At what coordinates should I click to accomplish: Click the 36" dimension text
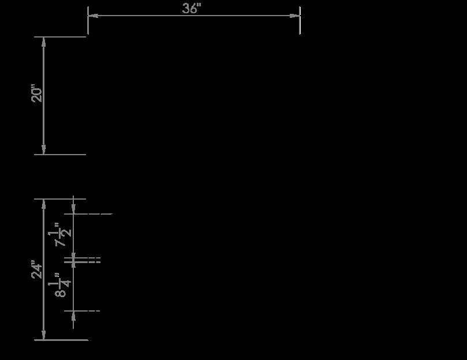click(191, 8)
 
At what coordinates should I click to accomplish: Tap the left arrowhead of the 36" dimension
click(92, 16)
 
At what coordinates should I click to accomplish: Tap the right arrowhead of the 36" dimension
click(296, 16)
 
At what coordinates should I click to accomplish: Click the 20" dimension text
click(38, 93)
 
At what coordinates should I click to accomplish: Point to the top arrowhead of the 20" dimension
click(44, 41)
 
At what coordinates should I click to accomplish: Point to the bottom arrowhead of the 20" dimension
click(44, 150)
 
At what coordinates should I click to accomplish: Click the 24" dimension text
click(38, 270)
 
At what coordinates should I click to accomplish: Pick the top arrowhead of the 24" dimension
click(44, 204)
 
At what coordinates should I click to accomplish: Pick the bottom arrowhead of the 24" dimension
click(44, 336)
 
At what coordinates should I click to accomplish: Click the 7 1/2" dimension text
click(62, 234)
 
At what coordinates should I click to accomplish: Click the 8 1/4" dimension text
click(62, 284)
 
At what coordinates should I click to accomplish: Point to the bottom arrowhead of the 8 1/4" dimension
click(73, 315)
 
